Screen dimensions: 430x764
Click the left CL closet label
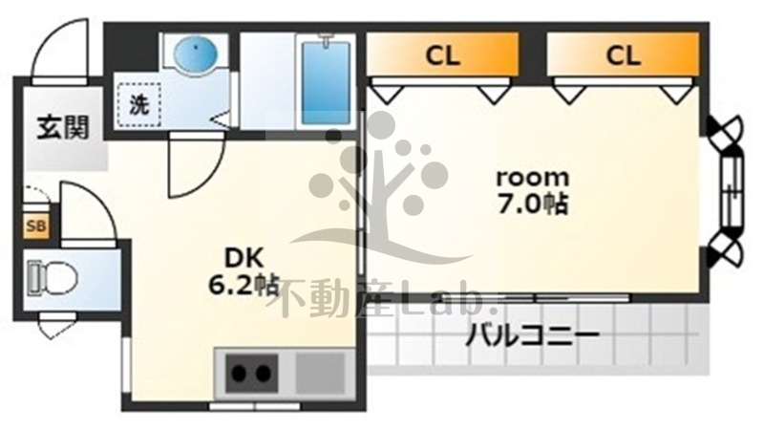(442, 56)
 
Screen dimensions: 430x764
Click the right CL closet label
(622, 56)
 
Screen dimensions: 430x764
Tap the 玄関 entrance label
(63, 127)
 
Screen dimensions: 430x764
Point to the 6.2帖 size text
(244, 284)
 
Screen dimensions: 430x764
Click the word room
(532, 177)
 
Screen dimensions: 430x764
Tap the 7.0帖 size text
(532, 204)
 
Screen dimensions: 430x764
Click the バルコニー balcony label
(532, 336)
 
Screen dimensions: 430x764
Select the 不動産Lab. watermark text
(387, 299)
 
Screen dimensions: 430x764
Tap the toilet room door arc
(91, 210)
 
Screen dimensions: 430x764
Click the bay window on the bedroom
(730, 190)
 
